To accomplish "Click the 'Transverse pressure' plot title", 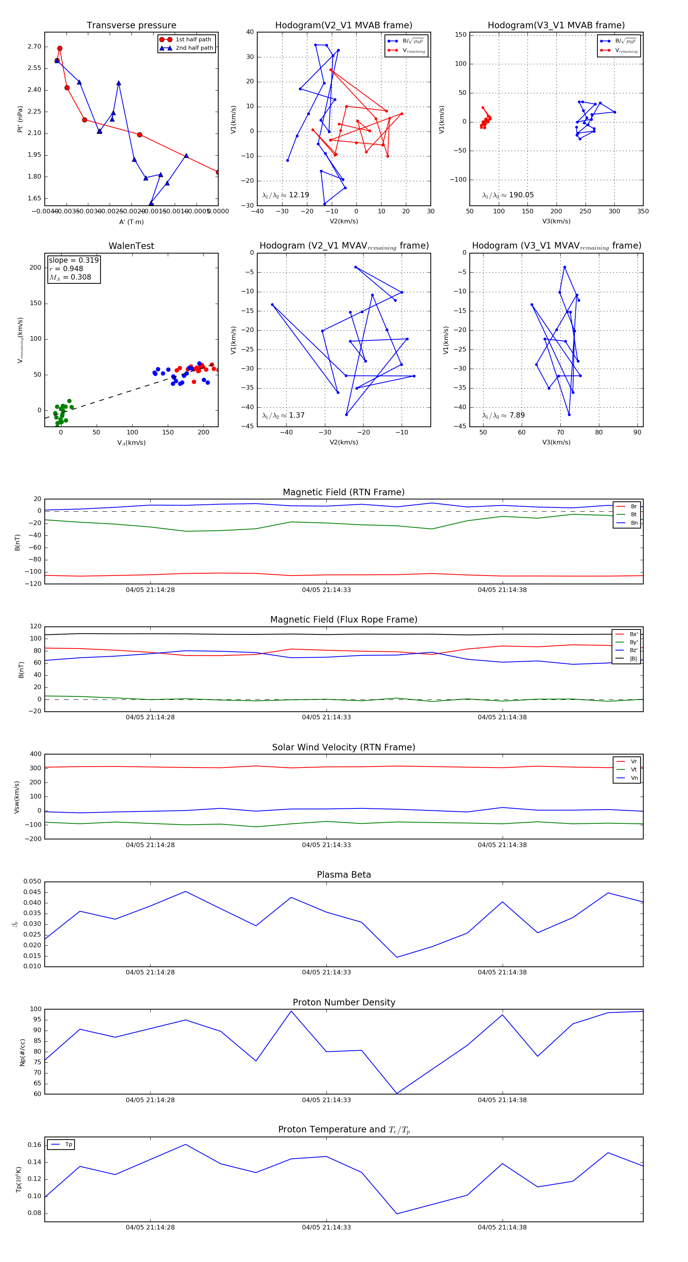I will (131, 26).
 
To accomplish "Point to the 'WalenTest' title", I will (131, 246).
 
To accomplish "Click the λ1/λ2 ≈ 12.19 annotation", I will (286, 195).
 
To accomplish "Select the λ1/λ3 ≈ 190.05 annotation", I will (508, 195).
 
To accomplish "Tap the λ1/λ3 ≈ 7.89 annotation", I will (503, 415).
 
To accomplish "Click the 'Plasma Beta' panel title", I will (344, 875).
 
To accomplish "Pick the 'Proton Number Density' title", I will (344, 1002).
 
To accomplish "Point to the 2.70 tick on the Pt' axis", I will (34, 47).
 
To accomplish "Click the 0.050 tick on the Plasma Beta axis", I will (32, 881).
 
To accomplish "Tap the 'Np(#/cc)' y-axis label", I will (22, 1052).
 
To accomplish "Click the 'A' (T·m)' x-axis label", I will (131, 222).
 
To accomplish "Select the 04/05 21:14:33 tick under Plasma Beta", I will (326, 972).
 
